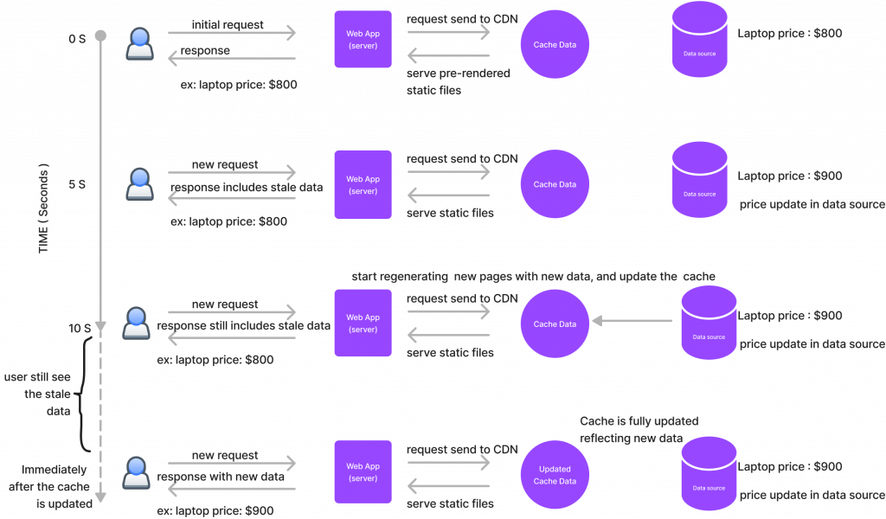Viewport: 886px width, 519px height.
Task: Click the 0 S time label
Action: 78,40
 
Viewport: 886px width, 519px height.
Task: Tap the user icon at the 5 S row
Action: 139,184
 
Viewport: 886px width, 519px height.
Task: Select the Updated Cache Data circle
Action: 555,475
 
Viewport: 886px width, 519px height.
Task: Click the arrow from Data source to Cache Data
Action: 632,321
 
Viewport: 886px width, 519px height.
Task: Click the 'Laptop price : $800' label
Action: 789,34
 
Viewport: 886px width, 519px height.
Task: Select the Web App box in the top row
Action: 363,40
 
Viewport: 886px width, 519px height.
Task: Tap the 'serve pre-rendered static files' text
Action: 458,81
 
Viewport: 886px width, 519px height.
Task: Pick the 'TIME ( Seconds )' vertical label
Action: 44,208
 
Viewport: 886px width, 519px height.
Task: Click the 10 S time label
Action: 80,329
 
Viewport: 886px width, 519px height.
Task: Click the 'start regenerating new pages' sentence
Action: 533,276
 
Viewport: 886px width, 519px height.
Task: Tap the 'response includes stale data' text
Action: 246,187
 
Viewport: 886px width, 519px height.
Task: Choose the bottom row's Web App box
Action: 363,472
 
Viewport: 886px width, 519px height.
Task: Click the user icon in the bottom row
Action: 137,472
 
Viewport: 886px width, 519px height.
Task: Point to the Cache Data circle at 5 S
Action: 555,184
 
